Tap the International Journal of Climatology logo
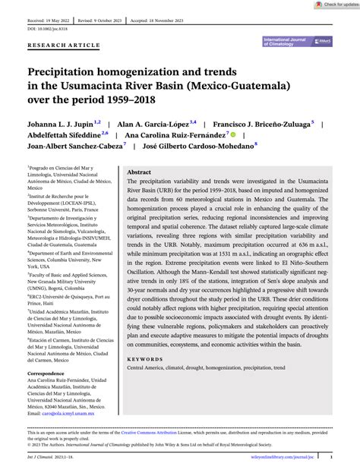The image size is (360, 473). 298,43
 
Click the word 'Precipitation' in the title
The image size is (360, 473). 68,70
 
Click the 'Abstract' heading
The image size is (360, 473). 139,172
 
